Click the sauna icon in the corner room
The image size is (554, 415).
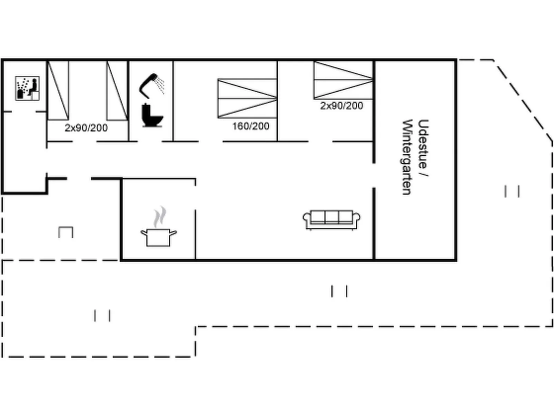coord(27,89)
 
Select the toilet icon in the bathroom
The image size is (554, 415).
coord(152,115)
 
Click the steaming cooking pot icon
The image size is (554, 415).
coord(159,227)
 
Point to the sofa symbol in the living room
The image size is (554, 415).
coord(332,220)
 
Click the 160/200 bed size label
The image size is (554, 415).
coord(251,126)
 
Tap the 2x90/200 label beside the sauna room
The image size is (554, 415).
coord(86,128)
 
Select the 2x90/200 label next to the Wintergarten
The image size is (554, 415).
coord(342,106)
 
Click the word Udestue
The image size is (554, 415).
coord(423,144)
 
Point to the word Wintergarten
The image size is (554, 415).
coord(407,157)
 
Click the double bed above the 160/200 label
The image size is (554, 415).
coord(247,98)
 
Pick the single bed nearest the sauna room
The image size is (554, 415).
coord(58,91)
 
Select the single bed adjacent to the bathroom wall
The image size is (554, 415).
coord(117,91)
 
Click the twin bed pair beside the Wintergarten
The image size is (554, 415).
coord(344,80)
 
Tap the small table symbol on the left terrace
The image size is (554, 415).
coord(66,232)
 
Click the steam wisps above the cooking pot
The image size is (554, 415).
coord(160,217)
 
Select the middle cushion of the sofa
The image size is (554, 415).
coord(332,217)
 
